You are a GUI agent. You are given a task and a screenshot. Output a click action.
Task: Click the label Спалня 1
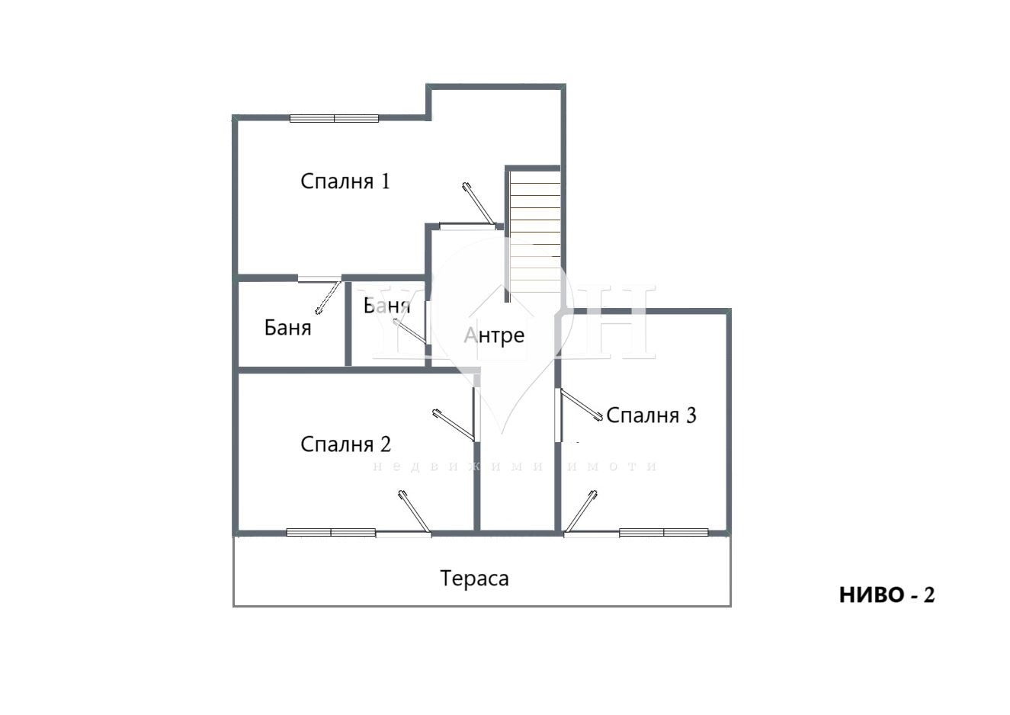point(345,181)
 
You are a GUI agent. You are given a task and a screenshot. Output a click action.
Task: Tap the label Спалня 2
point(346,444)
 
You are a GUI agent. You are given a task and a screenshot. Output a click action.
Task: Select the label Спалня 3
point(651,415)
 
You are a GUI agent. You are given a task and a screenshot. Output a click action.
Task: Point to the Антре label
point(495,335)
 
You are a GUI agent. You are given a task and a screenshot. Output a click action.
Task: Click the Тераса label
point(474,579)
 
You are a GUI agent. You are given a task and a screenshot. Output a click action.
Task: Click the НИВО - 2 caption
point(887,595)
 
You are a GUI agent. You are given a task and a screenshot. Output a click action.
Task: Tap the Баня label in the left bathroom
point(287,328)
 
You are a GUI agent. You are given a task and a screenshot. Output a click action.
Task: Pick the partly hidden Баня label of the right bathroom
point(387,306)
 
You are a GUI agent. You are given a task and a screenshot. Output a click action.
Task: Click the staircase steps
point(534,229)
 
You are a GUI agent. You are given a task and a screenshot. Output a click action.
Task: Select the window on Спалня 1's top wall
point(334,118)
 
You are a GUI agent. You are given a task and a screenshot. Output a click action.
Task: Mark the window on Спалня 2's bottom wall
point(331,532)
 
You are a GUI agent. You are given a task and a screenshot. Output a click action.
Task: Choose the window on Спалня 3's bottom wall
point(664,532)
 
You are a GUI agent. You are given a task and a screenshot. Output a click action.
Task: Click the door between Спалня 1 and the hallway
point(477,204)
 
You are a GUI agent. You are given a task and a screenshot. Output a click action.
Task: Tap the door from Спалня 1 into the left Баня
point(328,296)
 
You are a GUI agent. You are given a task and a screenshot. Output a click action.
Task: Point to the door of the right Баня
point(410,333)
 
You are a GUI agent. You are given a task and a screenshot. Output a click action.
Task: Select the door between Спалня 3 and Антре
point(579,406)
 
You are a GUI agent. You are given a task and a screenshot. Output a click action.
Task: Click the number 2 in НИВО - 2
point(928,595)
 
